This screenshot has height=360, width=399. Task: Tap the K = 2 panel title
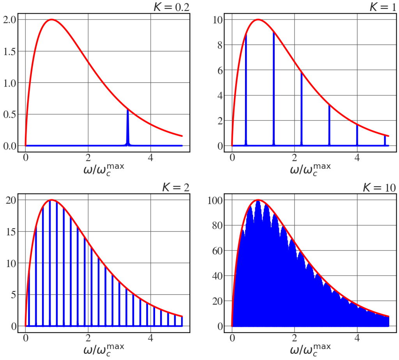176,187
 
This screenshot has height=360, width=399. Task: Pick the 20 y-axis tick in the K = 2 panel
11,200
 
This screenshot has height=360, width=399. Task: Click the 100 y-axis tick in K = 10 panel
215,200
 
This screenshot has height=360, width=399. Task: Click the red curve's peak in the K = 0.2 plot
51,20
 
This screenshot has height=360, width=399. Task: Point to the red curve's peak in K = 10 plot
258,200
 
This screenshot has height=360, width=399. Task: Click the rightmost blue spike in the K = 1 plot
385,140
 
